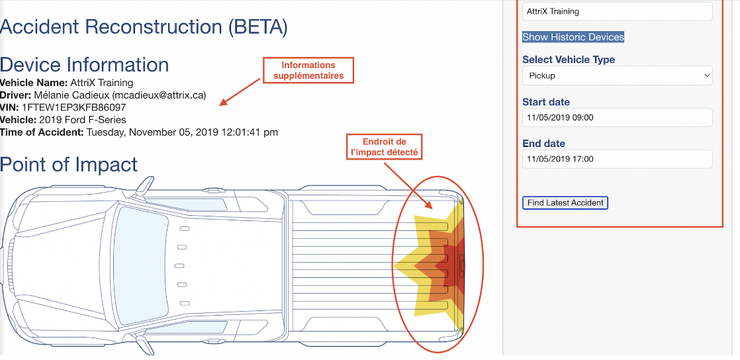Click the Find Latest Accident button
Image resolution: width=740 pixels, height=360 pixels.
[x=565, y=203]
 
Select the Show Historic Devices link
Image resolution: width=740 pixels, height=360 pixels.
[x=573, y=37]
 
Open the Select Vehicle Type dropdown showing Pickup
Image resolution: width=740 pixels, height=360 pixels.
[x=618, y=75]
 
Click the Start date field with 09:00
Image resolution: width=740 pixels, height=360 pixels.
[x=618, y=118]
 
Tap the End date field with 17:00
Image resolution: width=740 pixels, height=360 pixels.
[x=618, y=159]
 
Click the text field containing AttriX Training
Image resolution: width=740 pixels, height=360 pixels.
[x=618, y=11]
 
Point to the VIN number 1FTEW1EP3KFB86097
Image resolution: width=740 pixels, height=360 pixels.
[x=74, y=108]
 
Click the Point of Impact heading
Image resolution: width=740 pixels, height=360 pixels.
[x=68, y=164]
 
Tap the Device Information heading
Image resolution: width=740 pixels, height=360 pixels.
[x=84, y=65]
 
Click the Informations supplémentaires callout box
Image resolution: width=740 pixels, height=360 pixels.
[x=308, y=70]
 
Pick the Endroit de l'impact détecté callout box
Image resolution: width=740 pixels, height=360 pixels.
[x=384, y=147]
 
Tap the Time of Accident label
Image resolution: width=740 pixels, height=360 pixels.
[x=42, y=132]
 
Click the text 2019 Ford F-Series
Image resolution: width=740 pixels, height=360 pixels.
[x=83, y=120]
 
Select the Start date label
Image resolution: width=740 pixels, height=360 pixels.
[x=546, y=102]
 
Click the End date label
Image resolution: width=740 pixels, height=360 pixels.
[x=543, y=144]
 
